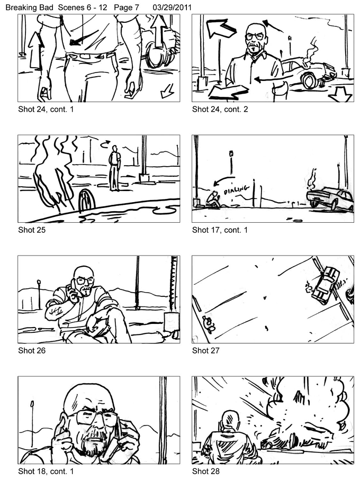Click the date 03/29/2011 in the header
[172, 7]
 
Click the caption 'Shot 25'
[32, 230]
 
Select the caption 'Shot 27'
[206, 350]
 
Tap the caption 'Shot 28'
[206, 471]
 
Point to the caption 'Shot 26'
[32, 350]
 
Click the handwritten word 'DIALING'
[236, 190]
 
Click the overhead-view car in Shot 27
[324, 285]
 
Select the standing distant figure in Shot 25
[114, 168]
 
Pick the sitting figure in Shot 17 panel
[212, 200]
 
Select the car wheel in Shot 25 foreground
[87, 201]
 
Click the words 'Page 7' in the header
[127, 7]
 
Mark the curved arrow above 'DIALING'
[223, 180]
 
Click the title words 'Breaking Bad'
[30, 7]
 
